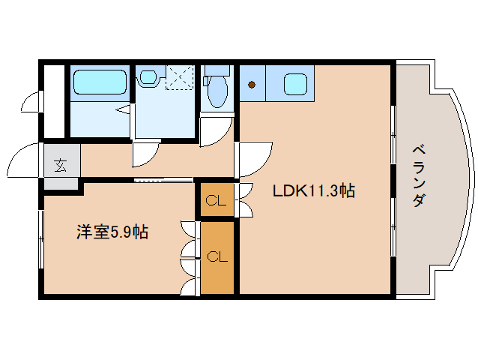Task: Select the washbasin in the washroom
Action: click(x=147, y=76)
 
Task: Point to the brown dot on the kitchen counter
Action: click(x=252, y=85)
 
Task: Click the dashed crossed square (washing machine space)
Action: click(x=179, y=76)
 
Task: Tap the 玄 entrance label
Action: click(x=60, y=166)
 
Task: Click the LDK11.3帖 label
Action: click(x=313, y=191)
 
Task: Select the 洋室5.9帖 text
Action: click(x=111, y=232)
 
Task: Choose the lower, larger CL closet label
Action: click(x=217, y=257)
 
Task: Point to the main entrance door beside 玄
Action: click(x=25, y=160)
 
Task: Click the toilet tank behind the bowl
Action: click(x=217, y=71)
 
